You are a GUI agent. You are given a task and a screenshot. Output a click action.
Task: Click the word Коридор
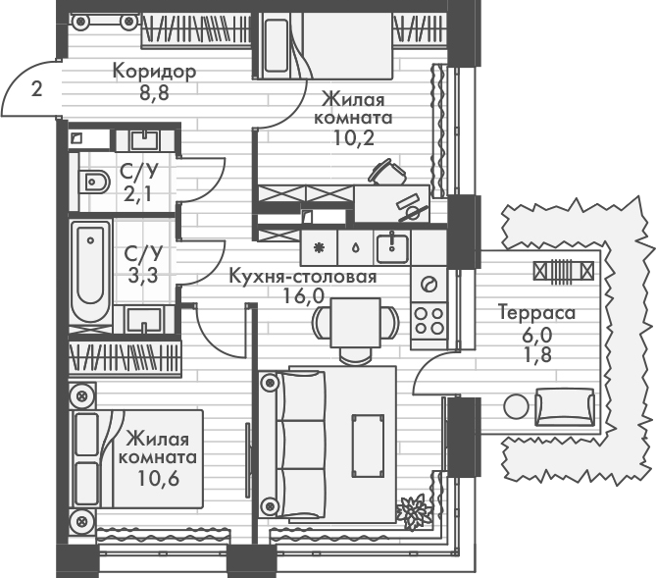155,72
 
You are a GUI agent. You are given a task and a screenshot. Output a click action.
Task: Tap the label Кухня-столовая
302,277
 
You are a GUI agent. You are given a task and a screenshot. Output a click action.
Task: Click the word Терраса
536,314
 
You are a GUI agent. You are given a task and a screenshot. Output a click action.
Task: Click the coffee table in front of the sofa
369,443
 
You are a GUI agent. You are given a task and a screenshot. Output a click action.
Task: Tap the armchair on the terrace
565,404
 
